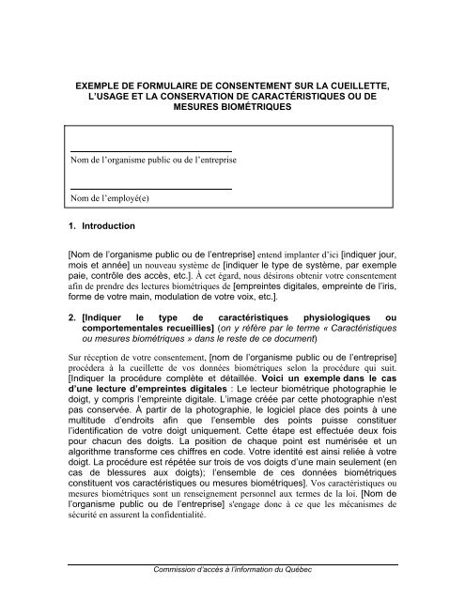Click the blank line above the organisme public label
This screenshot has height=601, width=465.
(151, 149)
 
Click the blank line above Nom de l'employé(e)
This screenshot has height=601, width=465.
(151, 189)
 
